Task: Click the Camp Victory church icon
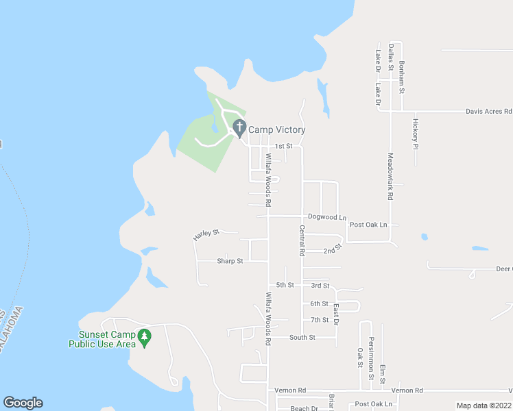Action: click(239, 127)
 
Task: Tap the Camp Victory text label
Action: click(276, 129)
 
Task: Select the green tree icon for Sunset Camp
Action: click(144, 336)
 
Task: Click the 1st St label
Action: click(283, 146)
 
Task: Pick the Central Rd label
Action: click(302, 240)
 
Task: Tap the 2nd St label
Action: click(333, 251)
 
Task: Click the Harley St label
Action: click(206, 234)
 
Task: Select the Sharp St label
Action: click(230, 261)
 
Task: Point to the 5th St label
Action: click(285, 285)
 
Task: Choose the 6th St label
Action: click(319, 303)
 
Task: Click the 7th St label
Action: click(320, 320)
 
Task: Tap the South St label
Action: click(302, 337)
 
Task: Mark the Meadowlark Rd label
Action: click(390, 176)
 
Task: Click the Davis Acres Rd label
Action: click(489, 111)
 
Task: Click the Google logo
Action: click(23, 403)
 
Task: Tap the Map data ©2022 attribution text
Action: click(484, 406)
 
